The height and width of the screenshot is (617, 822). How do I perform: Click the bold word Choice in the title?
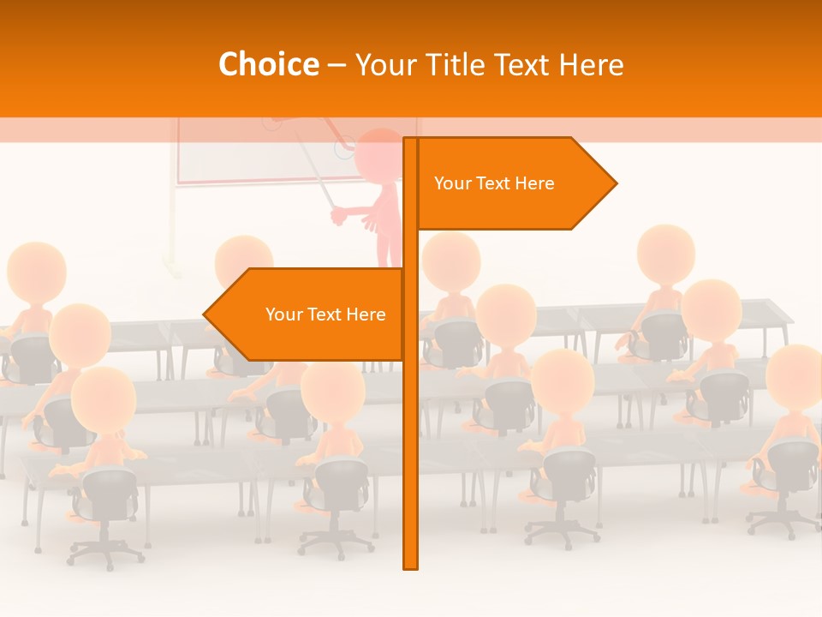pyautogui.click(x=268, y=64)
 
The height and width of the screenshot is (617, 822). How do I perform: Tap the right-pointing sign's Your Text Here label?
pyautogui.click(x=494, y=183)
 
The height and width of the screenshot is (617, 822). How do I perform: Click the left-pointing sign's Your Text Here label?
pyautogui.click(x=325, y=314)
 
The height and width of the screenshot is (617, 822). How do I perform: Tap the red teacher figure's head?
pyautogui.click(x=378, y=154)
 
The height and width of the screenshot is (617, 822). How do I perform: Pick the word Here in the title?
pyautogui.click(x=592, y=64)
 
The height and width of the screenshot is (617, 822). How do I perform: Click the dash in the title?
pyautogui.click(x=337, y=65)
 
